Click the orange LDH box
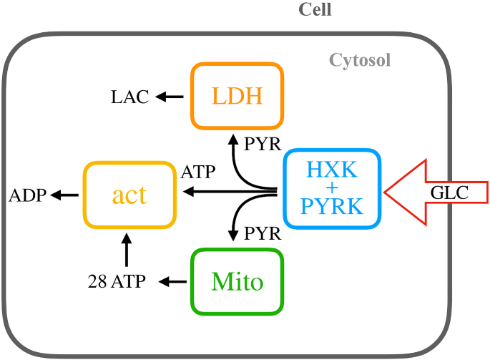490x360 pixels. [237, 96]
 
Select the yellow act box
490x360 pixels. [129, 195]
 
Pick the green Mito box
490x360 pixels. [237, 282]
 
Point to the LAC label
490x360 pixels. [129, 97]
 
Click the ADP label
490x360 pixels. [27, 195]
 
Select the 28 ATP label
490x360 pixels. [117, 282]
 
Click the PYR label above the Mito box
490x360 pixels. [262, 234]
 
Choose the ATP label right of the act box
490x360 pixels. [199, 172]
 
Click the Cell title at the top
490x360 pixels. [315, 10]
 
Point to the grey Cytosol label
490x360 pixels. [359, 60]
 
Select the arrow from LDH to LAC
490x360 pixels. [170, 97]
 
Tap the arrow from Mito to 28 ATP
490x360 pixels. [171, 282]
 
